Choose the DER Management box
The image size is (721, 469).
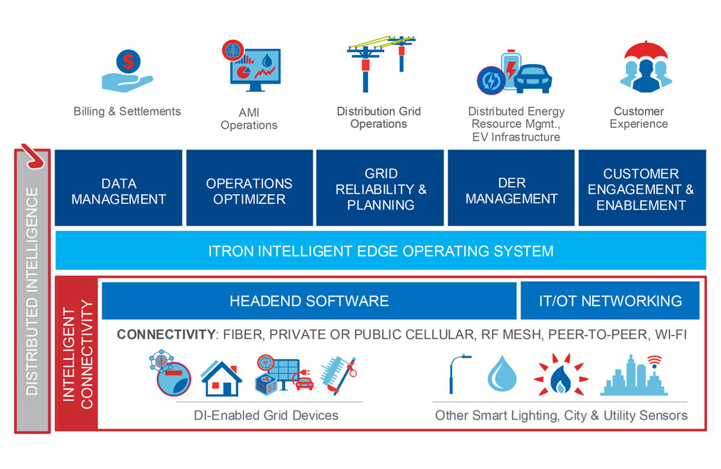[511, 190]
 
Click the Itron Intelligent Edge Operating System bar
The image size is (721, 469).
[380, 251]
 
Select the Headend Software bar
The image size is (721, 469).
[309, 301]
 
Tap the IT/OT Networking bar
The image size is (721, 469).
[610, 301]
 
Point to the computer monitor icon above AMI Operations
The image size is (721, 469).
[255, 69]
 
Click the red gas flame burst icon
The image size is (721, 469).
[553, 376]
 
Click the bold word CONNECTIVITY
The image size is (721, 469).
[166, 335]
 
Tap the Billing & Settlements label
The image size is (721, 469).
[127, 111]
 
